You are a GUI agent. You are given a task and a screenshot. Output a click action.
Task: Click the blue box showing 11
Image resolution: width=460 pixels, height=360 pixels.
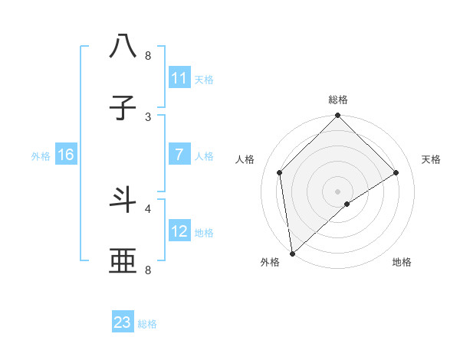coord(179,78)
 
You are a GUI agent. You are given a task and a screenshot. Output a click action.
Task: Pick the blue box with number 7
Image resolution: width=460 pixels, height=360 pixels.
coord(179,155)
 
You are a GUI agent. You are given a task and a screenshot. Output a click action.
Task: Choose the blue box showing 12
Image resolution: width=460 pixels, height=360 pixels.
coord(179,231)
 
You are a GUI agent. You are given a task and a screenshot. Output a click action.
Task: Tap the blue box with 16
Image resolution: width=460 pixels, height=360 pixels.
coord(66,155)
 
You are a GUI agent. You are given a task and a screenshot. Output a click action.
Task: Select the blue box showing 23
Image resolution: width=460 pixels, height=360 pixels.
coord(123,322)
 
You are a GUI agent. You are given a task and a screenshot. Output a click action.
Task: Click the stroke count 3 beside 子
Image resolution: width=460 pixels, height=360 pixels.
coord(148,116)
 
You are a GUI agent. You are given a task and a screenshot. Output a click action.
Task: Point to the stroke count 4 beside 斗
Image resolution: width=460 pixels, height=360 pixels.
coord(148,208)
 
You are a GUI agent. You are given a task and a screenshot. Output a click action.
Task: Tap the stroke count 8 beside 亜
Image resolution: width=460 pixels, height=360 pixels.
coord(148,270)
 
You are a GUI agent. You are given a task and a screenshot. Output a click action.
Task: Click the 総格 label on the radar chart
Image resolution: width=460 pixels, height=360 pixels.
coord(338,100)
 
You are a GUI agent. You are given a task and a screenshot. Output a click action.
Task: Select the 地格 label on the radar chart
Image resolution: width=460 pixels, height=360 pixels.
coord(402,262)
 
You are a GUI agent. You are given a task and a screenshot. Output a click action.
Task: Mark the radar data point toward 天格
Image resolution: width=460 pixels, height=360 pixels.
coord(396,172)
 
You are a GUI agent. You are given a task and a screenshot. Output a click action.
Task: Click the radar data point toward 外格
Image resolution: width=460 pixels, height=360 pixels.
coord(292,254)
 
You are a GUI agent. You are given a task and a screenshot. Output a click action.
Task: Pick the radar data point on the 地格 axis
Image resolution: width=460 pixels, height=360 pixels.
coord(347,204)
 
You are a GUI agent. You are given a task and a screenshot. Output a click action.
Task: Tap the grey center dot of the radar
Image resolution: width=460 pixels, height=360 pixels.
coord(338,191)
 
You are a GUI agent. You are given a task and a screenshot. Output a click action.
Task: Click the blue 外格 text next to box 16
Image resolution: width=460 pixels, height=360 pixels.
coord(41,155)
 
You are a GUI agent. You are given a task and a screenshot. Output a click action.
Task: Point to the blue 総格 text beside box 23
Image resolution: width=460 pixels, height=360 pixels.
coord(147,324)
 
